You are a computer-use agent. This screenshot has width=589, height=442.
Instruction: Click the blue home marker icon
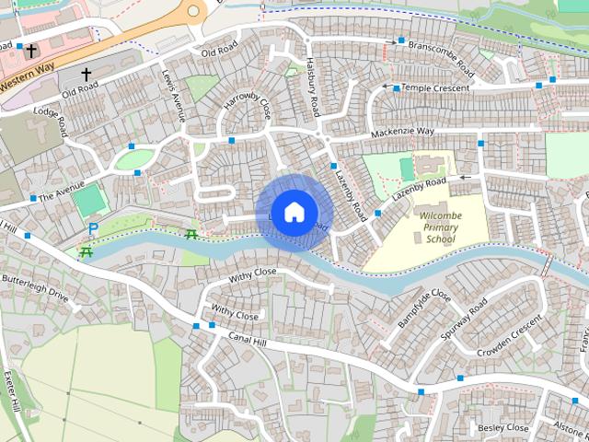click(x=294, y=212)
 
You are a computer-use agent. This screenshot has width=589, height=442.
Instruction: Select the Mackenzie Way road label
click(x=402, y=133)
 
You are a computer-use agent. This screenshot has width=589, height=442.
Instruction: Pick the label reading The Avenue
click(x=61, y=192)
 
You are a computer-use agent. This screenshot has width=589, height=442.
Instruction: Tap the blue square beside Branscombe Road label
click(x=401, y=41)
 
